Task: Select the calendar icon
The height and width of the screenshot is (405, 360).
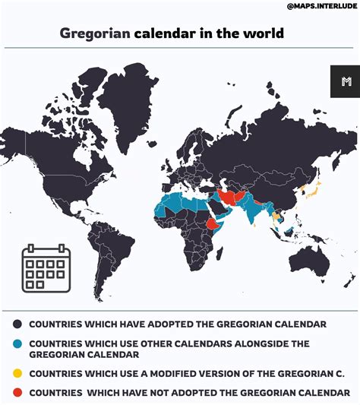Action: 46,267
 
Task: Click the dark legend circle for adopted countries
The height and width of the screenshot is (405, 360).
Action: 17,324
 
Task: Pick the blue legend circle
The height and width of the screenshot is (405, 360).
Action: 17,344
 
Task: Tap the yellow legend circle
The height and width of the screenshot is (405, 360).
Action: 17,375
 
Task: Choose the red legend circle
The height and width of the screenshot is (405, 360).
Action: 17,393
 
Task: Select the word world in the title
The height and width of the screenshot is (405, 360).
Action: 264,33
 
